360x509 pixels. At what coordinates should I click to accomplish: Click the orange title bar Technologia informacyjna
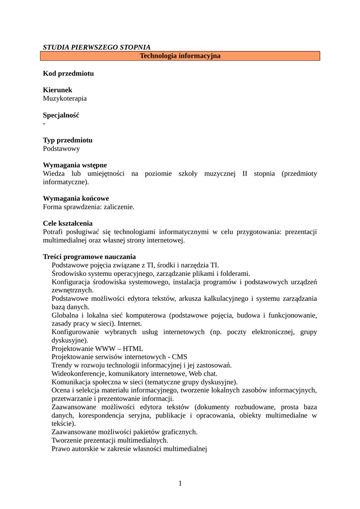(180, 56)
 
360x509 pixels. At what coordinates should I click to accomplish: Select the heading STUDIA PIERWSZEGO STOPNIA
(96, 47)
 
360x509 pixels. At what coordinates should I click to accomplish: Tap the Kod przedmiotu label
(68, 74)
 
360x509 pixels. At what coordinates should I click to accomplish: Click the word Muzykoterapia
(65, 98)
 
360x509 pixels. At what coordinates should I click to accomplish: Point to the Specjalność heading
(61, 115)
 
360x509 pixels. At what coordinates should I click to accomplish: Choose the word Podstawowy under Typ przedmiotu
(61, 149)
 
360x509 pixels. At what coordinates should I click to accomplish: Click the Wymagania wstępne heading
(75, 165)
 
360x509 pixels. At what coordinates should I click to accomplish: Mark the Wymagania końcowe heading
(76, 198)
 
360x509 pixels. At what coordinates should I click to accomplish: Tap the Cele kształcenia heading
(68, 224)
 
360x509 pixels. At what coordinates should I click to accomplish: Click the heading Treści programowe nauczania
(89, 257)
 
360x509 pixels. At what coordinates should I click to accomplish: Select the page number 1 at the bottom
(180, 483)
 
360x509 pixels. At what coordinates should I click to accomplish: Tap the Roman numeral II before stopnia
(245, 173)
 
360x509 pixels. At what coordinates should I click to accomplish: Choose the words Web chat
(203, 373)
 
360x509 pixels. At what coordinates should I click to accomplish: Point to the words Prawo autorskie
(75, 449)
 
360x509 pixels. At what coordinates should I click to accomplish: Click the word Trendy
(62, 365)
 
